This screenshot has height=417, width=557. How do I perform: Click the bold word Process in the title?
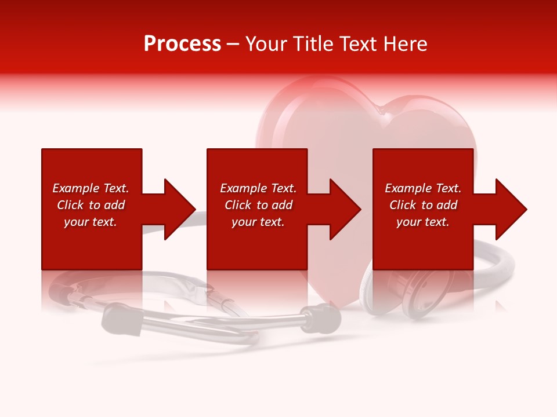coord(182,44)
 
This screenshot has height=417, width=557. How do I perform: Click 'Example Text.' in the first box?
coord(91,188)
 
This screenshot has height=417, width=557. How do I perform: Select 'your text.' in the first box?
coord(91,222)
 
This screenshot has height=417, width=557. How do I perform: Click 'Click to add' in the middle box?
coord(258,205)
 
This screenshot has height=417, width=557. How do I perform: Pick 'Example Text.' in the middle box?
coord(258,188)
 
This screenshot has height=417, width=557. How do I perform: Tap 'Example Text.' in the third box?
coord(423,188)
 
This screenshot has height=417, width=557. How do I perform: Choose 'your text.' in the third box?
coord(423,222)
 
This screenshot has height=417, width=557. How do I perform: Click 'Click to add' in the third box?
coord(423,205)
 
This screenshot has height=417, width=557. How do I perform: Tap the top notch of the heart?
coord(378,108)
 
